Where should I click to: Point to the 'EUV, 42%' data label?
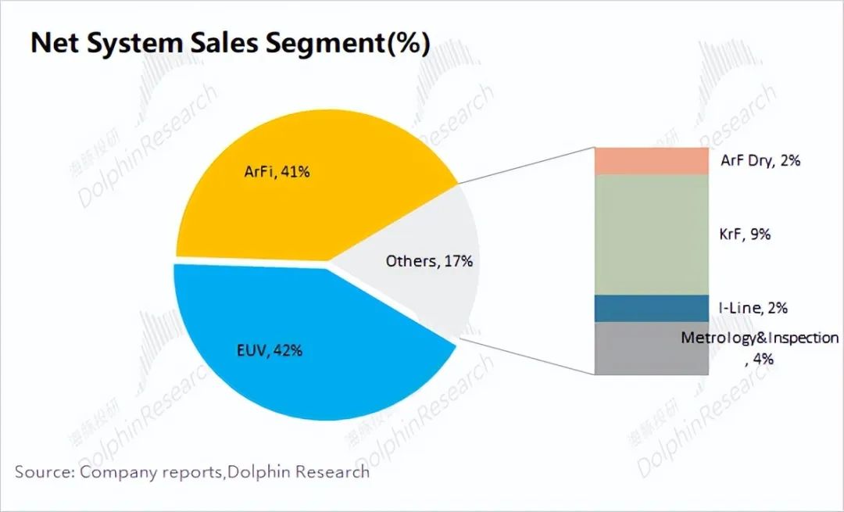click(270, 351)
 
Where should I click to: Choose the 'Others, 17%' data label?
click(429, 261)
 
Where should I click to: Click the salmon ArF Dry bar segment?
click(651, 161)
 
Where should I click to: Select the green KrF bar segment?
click(651, 235)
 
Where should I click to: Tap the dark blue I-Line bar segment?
click(651, 308)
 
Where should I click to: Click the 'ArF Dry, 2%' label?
click(760, 161)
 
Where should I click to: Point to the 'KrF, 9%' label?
click(745, 233)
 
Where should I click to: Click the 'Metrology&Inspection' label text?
click(760, 338)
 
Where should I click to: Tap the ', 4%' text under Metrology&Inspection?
click(759, 360)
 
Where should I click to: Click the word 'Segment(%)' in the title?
click(349, 44)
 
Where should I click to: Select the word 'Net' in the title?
click(55, 44)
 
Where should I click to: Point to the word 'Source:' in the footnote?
click(45, 472)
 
